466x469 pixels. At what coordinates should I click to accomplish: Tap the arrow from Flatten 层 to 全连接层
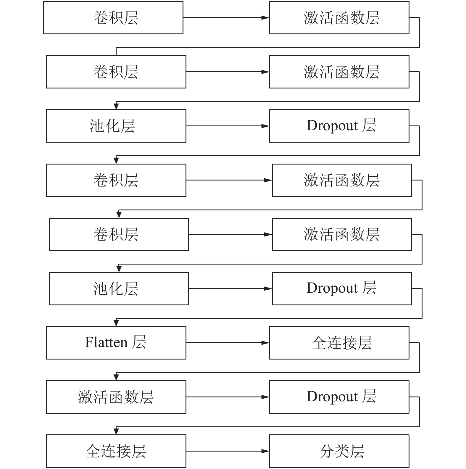[228, 343]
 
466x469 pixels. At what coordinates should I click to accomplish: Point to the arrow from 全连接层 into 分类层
[228, 451]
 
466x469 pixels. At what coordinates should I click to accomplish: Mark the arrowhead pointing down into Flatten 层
[116, 323]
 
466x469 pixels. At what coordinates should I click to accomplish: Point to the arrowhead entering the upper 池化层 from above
[116, 106]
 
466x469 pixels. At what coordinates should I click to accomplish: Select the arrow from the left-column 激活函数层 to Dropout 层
[228, 397]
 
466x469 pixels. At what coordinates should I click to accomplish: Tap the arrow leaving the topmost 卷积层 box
[226, 18]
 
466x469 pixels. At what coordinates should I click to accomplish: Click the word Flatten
[106, 342]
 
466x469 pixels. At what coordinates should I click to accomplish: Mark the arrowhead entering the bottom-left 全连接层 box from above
[116, 431]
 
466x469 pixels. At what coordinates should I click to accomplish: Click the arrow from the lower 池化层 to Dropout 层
[230, 289]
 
